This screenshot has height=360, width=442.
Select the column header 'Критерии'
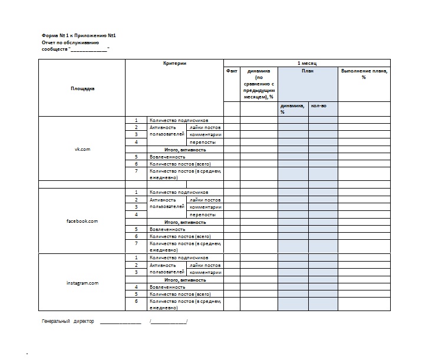pyautogui.click(x=174, y=63)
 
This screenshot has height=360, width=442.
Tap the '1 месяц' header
pyautogui.click(x=306, y=63)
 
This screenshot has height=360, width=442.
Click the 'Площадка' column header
pyautogui.click(x=83, y=88)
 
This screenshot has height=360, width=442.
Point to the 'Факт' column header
pyautogui.click(x=232, y=71)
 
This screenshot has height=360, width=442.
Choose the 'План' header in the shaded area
pyautogui.click(x=308, y=71)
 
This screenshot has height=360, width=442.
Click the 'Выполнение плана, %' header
pyautogui.click(x=364, y=74)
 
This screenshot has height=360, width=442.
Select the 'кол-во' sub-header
pyautogui.click(x=318, y=106)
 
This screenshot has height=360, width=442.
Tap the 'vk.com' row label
pyautogui.click(x=83, y=149)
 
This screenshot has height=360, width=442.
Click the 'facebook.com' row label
pyautogui.click(x=83, y=221)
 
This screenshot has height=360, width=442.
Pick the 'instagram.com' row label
pyautogui.click(x=83, y=283)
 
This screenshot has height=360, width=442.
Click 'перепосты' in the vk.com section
pyautogui.click(x=202, y=142)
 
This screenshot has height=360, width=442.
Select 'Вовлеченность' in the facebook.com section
pyautogui.click(x=167, y=229)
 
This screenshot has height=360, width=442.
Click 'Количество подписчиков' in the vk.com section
pyautogui.click(x=179, y=120)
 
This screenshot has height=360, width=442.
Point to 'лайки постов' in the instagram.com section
pyautogui.click(x=204, y=265)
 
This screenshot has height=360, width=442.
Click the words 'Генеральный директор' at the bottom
pyautogui.click(x=68, y=322)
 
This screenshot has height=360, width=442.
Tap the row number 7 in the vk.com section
pyautogui.click(x=136, y=171)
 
